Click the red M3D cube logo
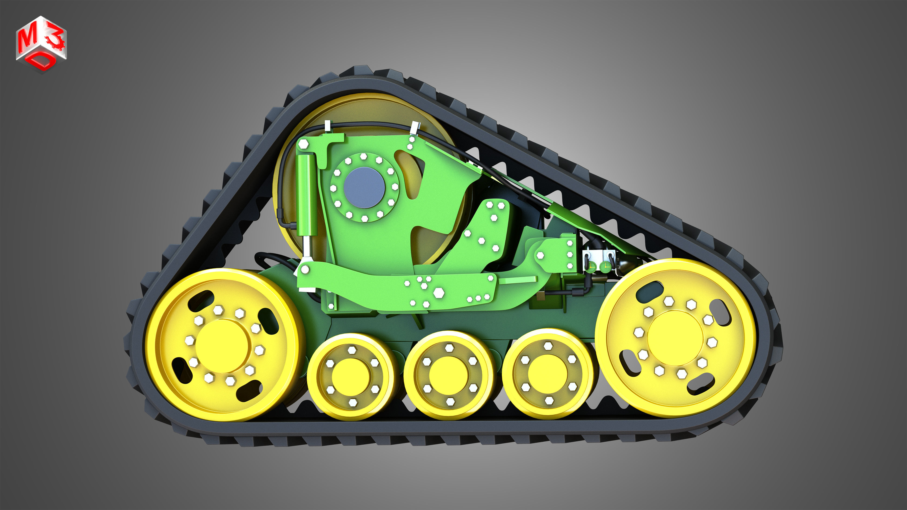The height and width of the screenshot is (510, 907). pyautogui.click(x=41, y=44)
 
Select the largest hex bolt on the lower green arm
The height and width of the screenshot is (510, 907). pyautogui.click(x=438, y=293)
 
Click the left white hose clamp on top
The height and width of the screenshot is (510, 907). pyautogui.click(x=328, y=126)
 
